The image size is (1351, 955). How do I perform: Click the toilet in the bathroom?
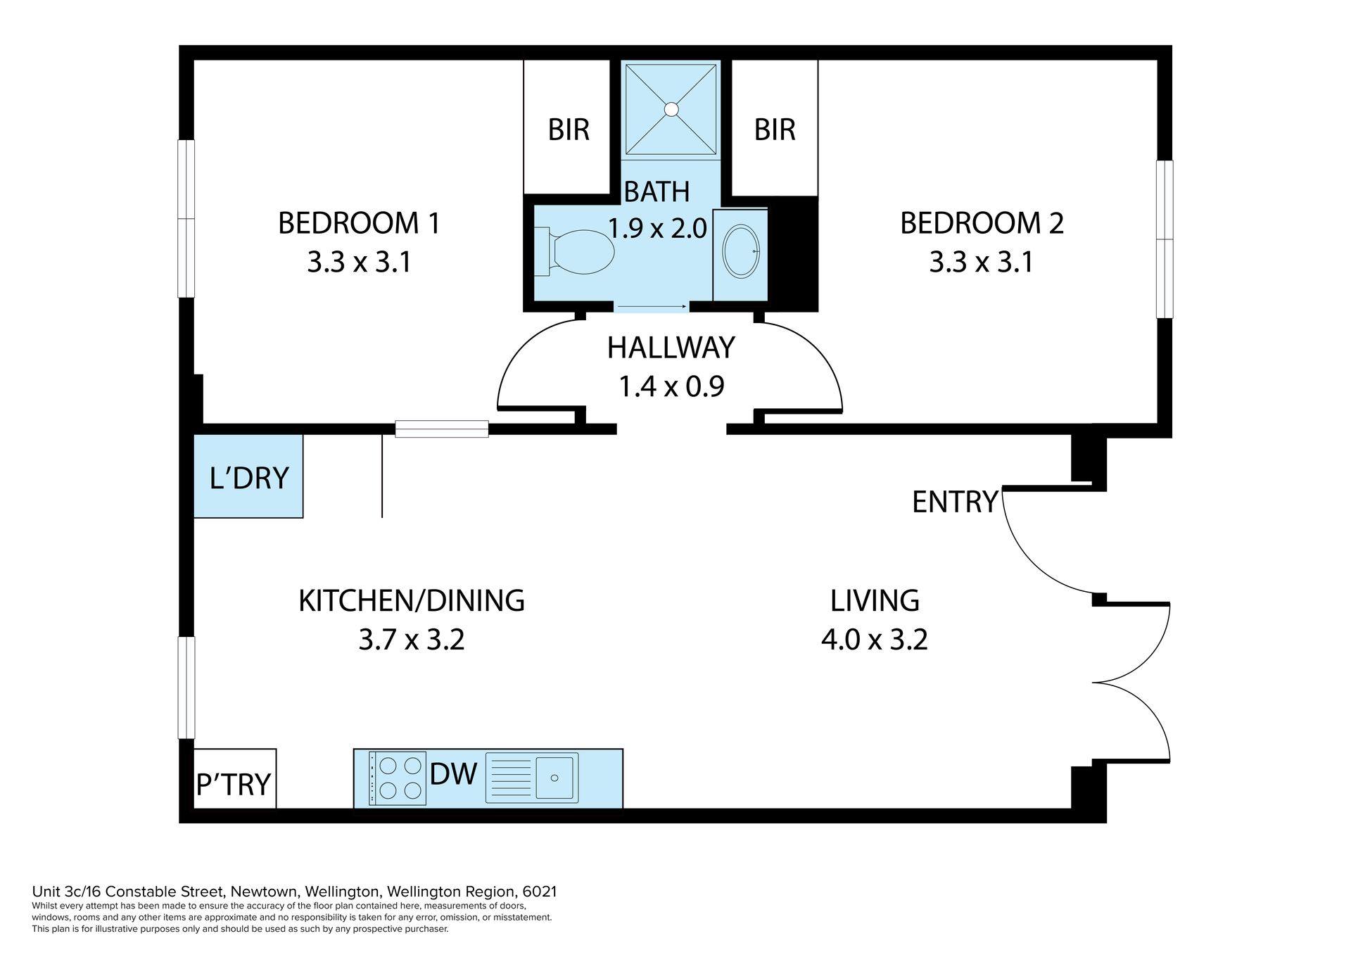pyautogui.click(x=575, y=251)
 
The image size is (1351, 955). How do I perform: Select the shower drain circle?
pyautogui.click(x=671, y=109)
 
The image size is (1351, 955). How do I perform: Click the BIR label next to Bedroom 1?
pyautogui.click(x=569, y=129)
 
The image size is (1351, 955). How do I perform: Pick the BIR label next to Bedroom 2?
pyautogui.click(x=775, y=129)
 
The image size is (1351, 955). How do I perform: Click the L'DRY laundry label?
pyautogui.click(x=249, y=478)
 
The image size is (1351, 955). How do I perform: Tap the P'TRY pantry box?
pyautogui.click(x=234, y=778)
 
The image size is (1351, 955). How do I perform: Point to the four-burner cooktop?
pyautogui.click(x=398, y=778)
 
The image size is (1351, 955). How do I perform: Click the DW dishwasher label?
pyautogui.click(x=453, y=774)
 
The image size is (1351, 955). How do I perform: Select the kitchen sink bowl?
pyautogui.click(x=556, y=777)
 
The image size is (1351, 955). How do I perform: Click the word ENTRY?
pyautogui.click(x=955, y=502)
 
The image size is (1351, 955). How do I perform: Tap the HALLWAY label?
pyautogui.click(x=671, y=348)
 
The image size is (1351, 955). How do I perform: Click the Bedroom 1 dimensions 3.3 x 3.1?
pyautogui.click(x=359, y=263)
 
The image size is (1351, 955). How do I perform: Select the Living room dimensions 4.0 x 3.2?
pyautogui.click(x=875, y=640)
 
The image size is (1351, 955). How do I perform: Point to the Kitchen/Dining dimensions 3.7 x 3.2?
pyautogui.click(x=412, y=640)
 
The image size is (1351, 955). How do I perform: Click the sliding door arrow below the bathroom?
pyautogui.click(x=652, y=307)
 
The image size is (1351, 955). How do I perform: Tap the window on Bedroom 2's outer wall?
pyautogui.click(x=1165, y=239)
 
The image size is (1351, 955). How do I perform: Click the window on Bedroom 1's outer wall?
pyautogui.click(x=186, y=219)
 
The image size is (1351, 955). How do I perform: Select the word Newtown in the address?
pyautogui.click(x=261, y=892)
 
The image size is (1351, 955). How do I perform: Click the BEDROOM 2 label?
pyautogui.click(x=982, y=223)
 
